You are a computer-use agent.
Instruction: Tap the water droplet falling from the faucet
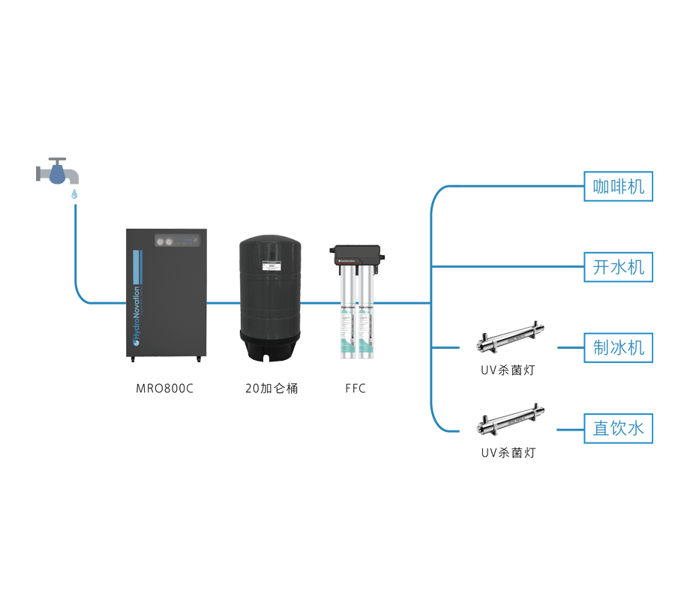[x=74, y=193]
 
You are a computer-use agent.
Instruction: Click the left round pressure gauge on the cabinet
[x=159, y=241]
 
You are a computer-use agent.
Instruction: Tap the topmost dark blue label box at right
[x=619, y=185]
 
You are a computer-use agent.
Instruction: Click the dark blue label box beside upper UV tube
[x=619, y=348]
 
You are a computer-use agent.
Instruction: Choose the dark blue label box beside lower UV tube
[x=619, y=428]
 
